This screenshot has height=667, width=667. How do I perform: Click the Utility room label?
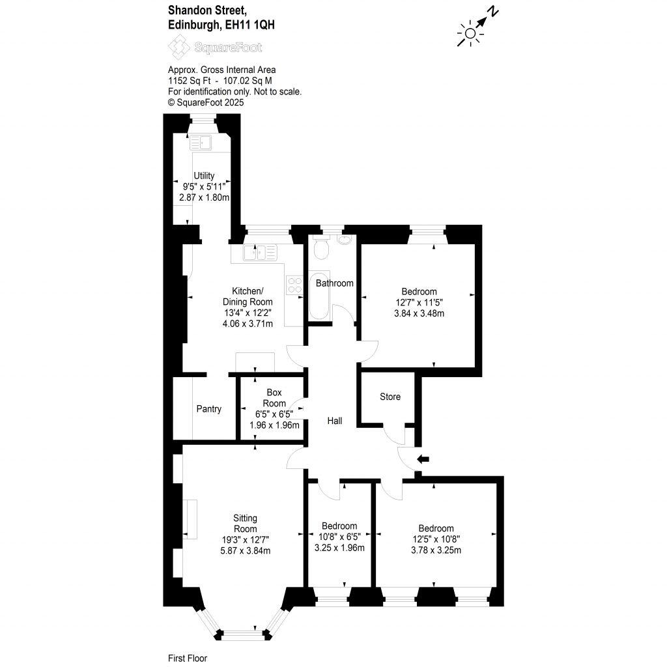click(x=204, y=176)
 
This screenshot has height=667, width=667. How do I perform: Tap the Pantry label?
click(x=208, y=409)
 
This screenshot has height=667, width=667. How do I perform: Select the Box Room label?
click(x=274, y=398)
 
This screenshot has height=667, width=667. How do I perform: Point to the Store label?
click(x=390, y=397)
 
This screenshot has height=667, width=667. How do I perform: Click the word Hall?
click(x=334, y=421)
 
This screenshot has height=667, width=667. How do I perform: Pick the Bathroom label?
click(x=334, y=283)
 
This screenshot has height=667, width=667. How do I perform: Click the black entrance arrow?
click(x=423, y=459)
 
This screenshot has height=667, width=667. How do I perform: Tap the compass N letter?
click(x=494, y=11)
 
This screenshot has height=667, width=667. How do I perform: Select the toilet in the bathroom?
click(x=320, y=248)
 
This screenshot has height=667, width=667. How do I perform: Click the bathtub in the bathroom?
click(x=319, y=296)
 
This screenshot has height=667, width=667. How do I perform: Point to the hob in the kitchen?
click(x=294, y=285)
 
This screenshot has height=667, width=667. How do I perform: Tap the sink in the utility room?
click(x=202, y=141)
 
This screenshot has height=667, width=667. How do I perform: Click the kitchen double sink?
click(x=259, y=253)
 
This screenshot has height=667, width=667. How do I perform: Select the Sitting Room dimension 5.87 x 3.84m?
click(x=244, y=550)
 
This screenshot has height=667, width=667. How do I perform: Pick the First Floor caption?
click(x=187, y=659)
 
